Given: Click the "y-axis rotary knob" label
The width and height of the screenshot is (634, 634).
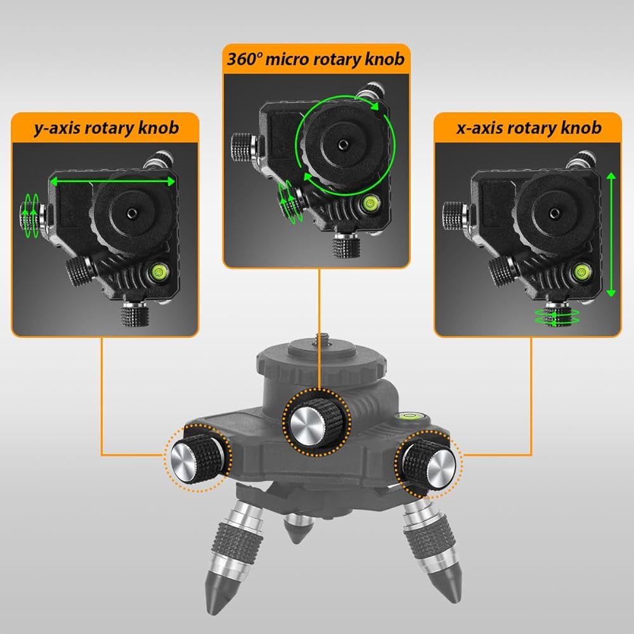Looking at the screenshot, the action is (x=106, y=129).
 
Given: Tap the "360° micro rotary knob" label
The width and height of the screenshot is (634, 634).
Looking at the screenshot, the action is (x=315, y=60).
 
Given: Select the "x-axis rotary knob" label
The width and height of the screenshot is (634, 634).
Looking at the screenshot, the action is (x=528, y=129).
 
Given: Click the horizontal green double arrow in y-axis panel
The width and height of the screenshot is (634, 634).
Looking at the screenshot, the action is (x=113, y=182).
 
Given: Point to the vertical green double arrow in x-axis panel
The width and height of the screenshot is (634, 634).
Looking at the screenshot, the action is (x=611, y=235).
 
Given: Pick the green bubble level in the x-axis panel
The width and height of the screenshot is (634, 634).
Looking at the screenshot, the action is (x=579, y=273).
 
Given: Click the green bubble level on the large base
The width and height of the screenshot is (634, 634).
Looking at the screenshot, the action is (x=406, y=417).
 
